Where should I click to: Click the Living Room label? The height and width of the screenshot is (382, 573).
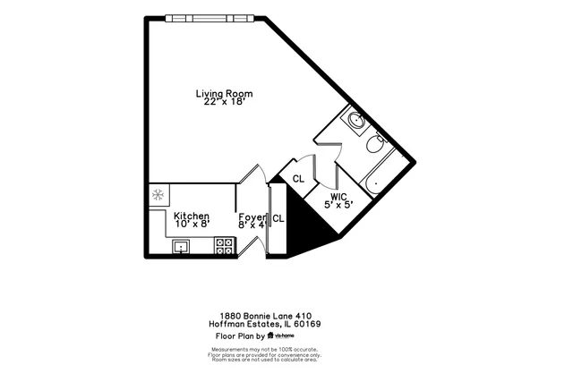point(224,93)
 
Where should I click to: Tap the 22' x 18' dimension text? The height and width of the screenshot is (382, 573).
point(224,102)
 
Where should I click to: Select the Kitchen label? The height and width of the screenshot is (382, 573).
point(192,216)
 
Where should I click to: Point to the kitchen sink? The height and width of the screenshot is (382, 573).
point(182,248)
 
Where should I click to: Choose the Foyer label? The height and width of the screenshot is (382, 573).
point(252,216)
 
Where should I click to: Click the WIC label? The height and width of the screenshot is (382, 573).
point(338,196)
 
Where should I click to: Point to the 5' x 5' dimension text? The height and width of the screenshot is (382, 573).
point(338,205)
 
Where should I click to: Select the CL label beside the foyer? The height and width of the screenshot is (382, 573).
point(278,218)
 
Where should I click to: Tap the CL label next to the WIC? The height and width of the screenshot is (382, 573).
point(298,179)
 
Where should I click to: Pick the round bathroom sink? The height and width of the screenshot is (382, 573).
point(355,120)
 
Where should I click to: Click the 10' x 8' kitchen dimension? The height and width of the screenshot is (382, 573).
point(192,225)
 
